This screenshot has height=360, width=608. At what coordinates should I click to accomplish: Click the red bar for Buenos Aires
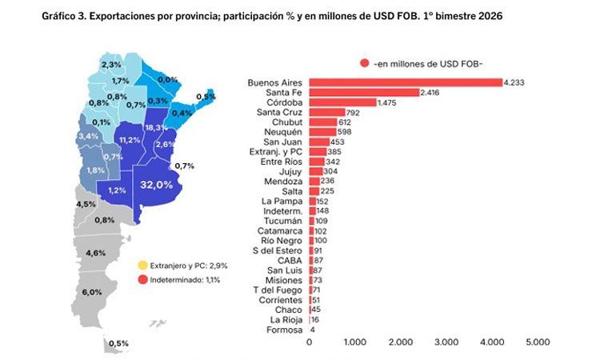(405, 82)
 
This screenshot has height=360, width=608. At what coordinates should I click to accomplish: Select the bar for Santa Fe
(363, 93)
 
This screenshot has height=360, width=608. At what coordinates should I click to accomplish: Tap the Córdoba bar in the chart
(342, 102)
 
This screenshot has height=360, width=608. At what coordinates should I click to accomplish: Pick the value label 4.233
(514, 82)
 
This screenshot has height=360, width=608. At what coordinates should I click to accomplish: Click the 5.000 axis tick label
(538, 342)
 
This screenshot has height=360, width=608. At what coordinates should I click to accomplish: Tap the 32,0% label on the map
(157, 184)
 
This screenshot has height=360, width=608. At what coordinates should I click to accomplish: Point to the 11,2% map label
(129, 139)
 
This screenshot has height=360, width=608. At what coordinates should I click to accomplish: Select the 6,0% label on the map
(92, 292)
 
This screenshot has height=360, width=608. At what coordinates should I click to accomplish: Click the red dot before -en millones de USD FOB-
(364, 63)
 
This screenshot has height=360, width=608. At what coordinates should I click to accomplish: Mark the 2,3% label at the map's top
(111, 65)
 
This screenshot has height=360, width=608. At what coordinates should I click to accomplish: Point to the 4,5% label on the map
(85, 204)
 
